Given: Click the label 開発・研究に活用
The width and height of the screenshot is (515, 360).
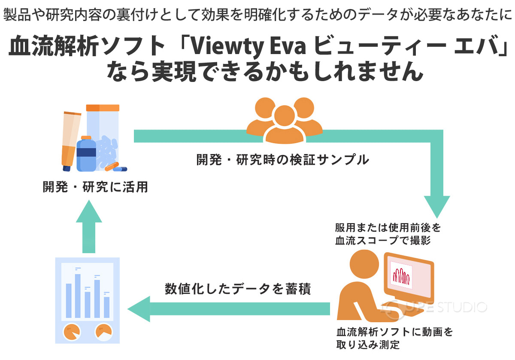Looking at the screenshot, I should point(95,188).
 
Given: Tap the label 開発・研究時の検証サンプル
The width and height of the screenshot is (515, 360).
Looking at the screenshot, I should point(282,160).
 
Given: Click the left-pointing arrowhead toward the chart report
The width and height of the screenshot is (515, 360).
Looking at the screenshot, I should point(140,309).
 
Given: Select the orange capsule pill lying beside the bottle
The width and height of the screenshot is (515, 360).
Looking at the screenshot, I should point(111,166).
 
